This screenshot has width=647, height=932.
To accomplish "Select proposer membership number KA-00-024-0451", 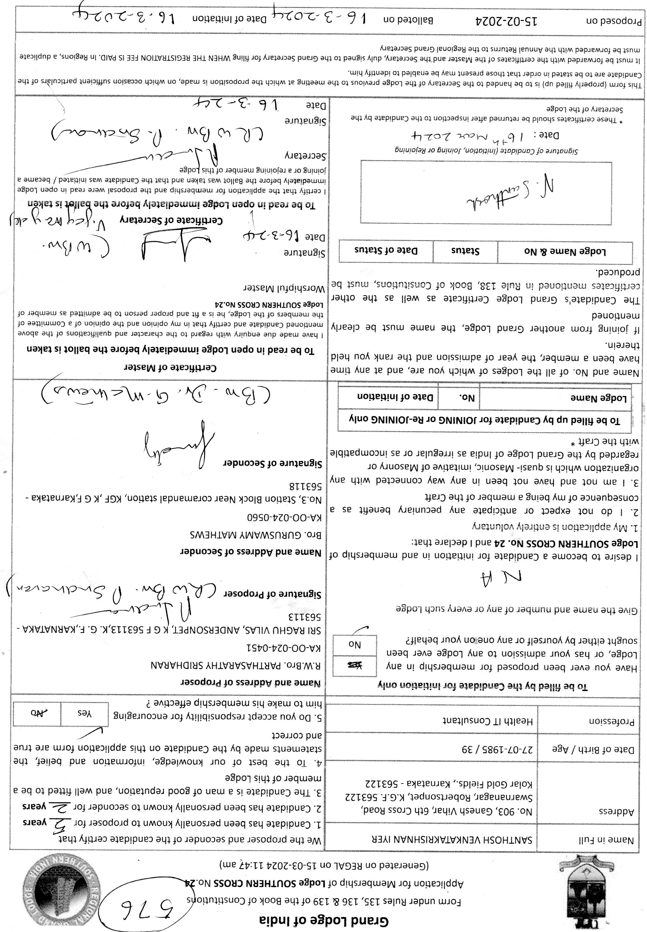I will click(284, 647).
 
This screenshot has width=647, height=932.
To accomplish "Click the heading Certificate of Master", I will click(170, 368).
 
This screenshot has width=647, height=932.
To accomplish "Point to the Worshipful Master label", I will click(284, 289).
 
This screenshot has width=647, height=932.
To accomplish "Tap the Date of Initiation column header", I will click(395, 397).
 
